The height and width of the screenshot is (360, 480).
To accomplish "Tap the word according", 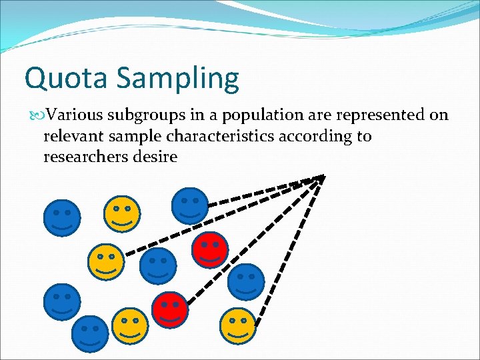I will point(319,137).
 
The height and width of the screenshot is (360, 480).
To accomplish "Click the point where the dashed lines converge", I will point(324,176).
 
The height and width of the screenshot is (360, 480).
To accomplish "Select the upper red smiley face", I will point(210,249).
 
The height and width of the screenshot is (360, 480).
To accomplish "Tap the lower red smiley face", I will point(171,309).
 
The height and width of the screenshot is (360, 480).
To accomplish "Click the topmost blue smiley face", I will point(190,205).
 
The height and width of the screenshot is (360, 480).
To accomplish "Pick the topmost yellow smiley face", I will point(122,213).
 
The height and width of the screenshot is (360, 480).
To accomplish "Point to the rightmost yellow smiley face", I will point(238,326).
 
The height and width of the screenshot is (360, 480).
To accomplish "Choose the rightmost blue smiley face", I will point(246,281).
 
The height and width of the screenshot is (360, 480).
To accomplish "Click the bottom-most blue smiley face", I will point(90,334).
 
